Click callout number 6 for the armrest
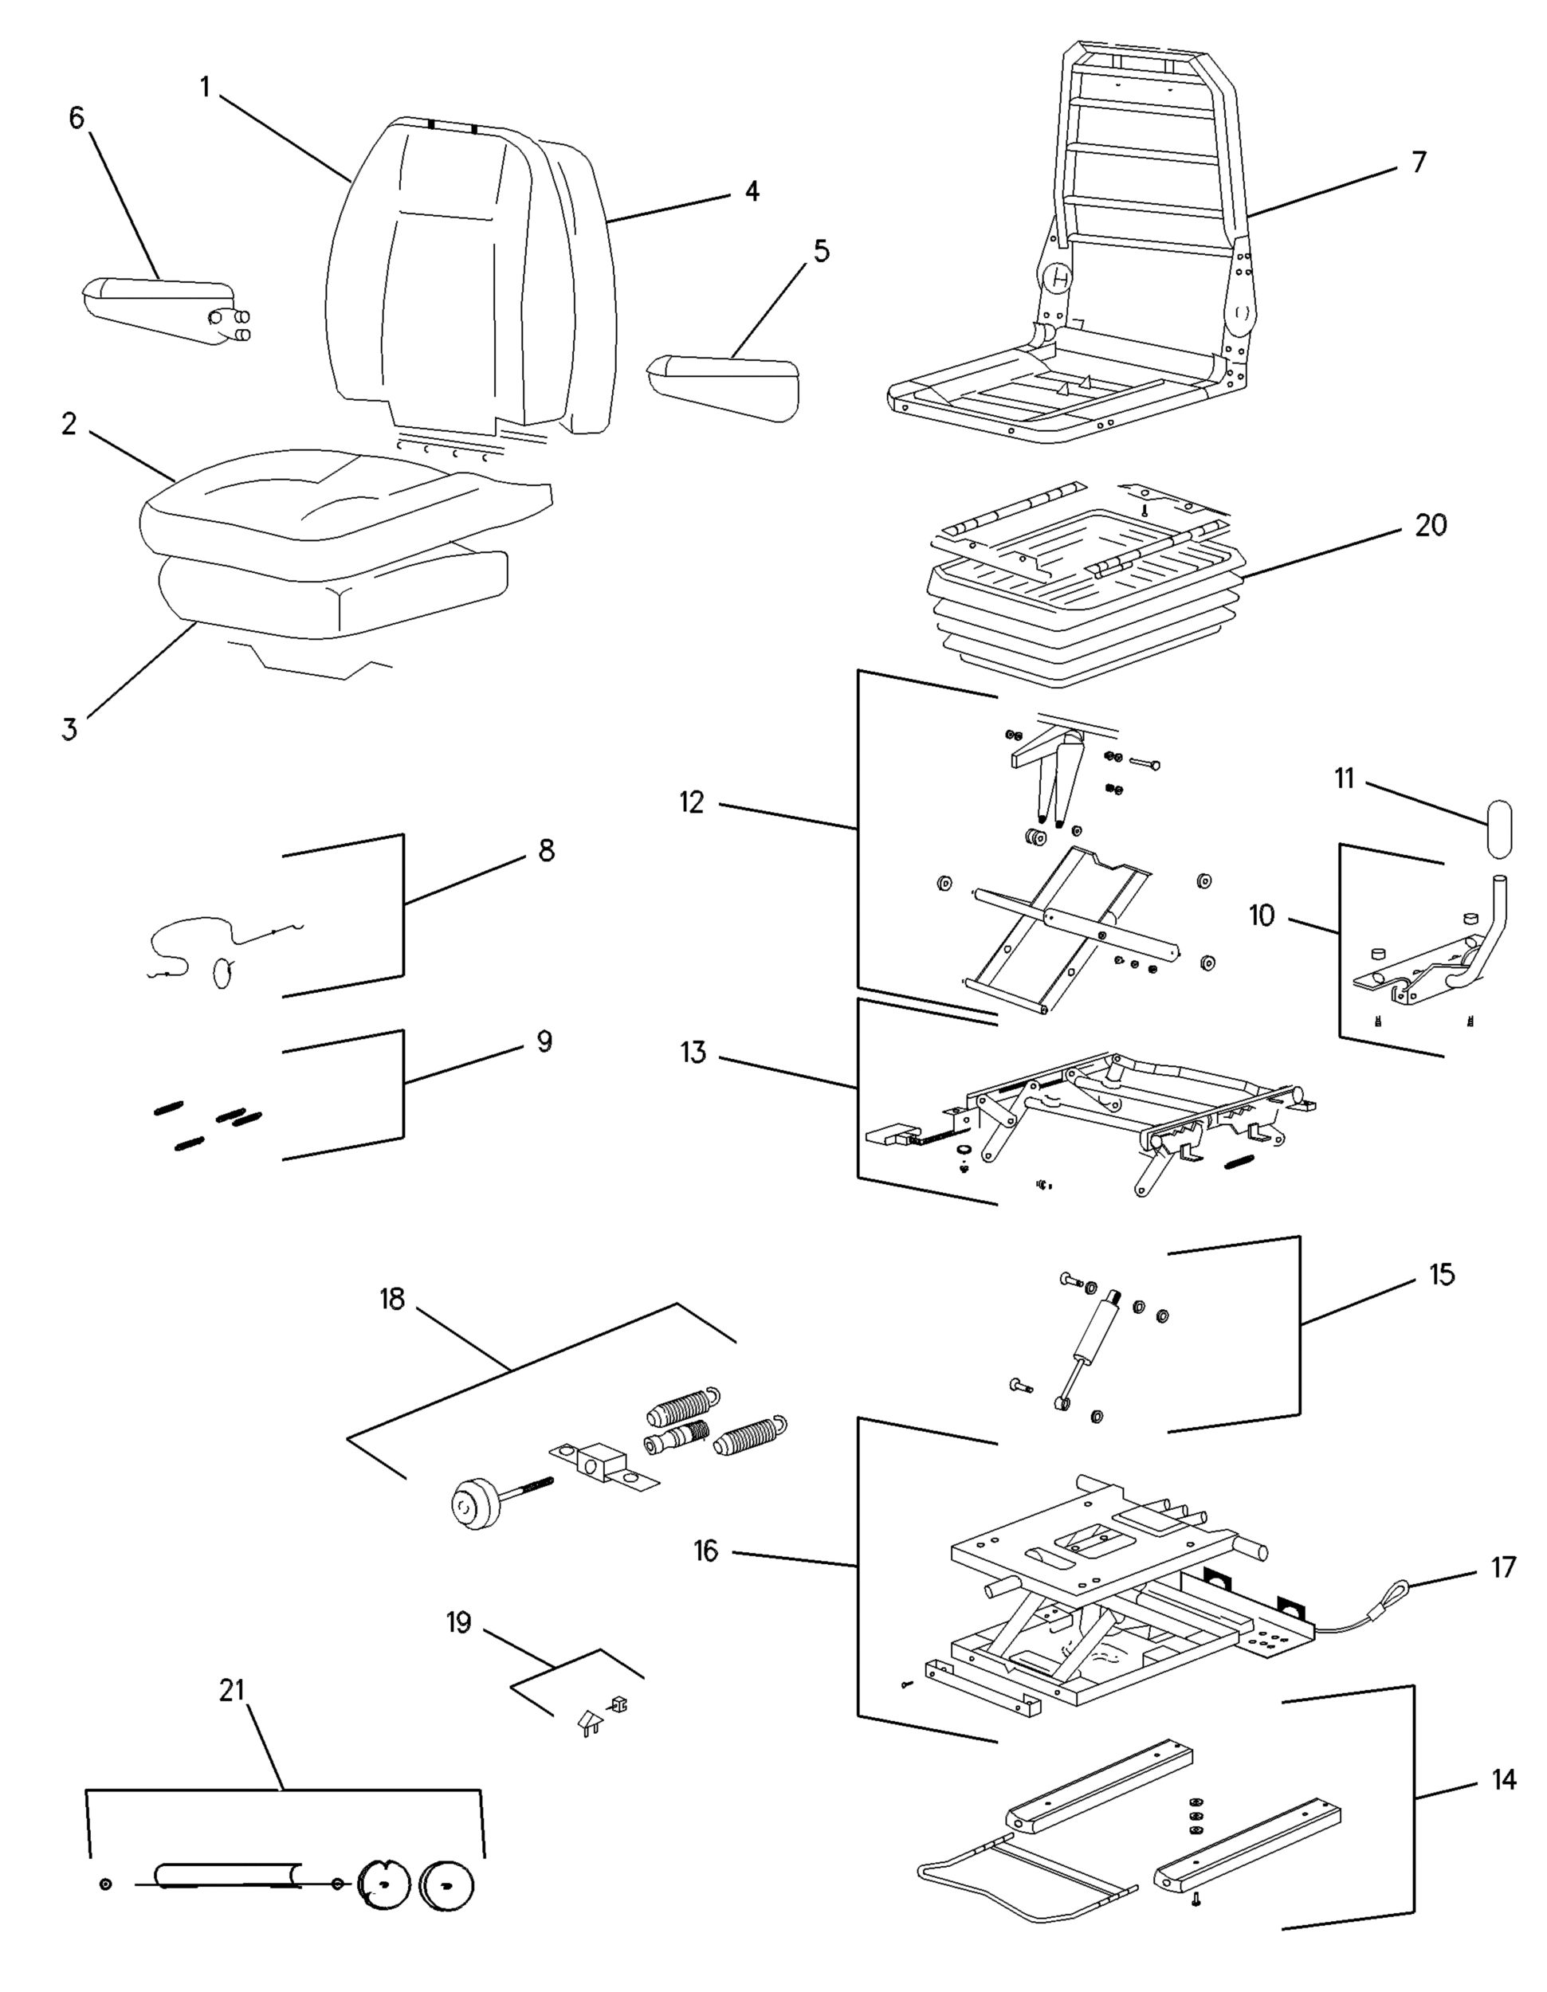click(77, 118)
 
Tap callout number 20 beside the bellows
click(1431, 525)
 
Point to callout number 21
click(233, 1690)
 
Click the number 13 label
click(693, 1053)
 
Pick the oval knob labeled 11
click(1498, 829)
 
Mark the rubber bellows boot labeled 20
click(1086, 620)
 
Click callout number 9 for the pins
click(544, 1041)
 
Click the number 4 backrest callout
click(751, 191)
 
